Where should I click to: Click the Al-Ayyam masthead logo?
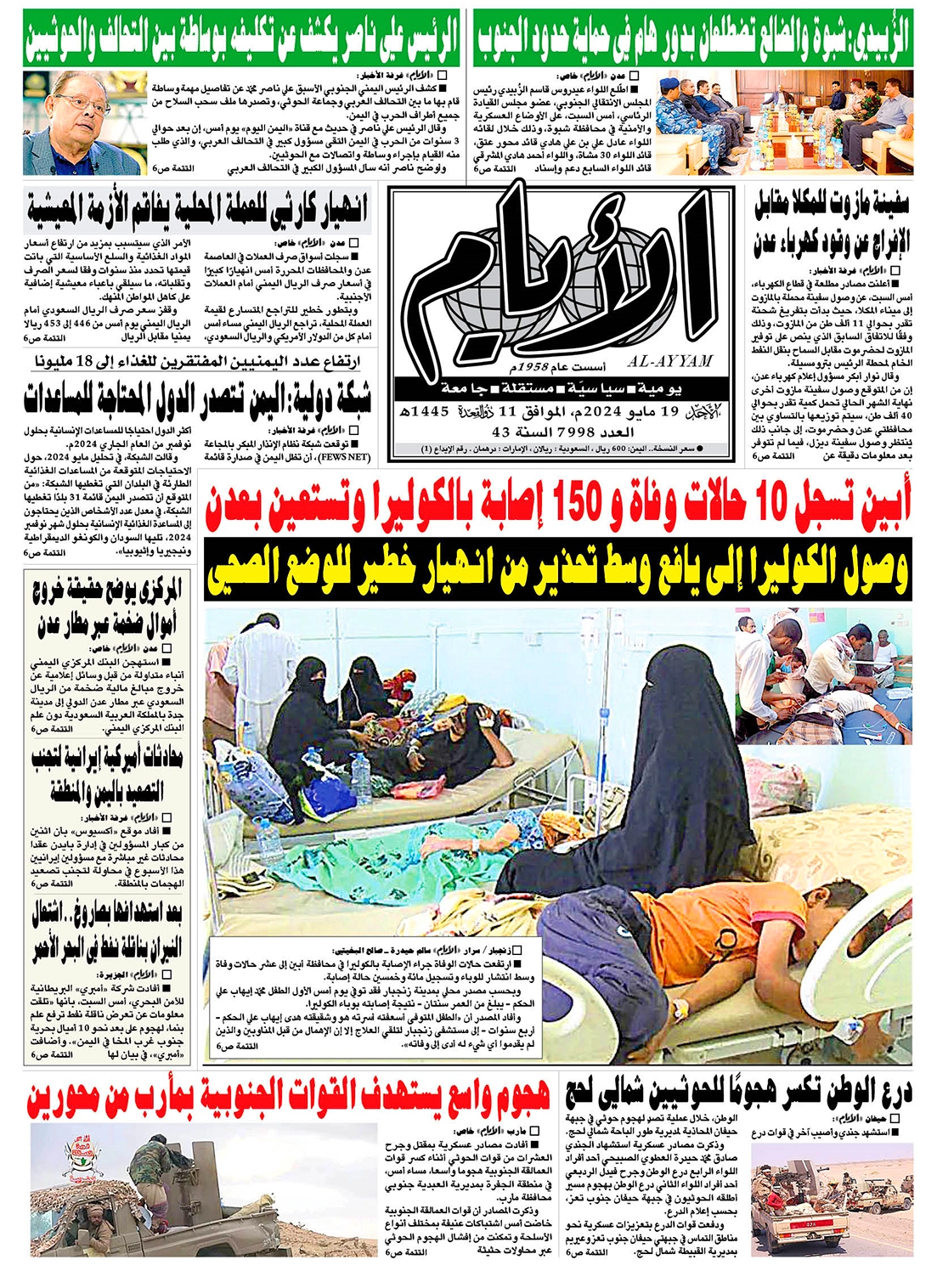tap(561, 272)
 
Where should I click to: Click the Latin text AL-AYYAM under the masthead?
tap(670, 361)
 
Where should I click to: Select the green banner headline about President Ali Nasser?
tap(241, 37)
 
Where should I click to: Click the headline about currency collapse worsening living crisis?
tap(197, 210)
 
